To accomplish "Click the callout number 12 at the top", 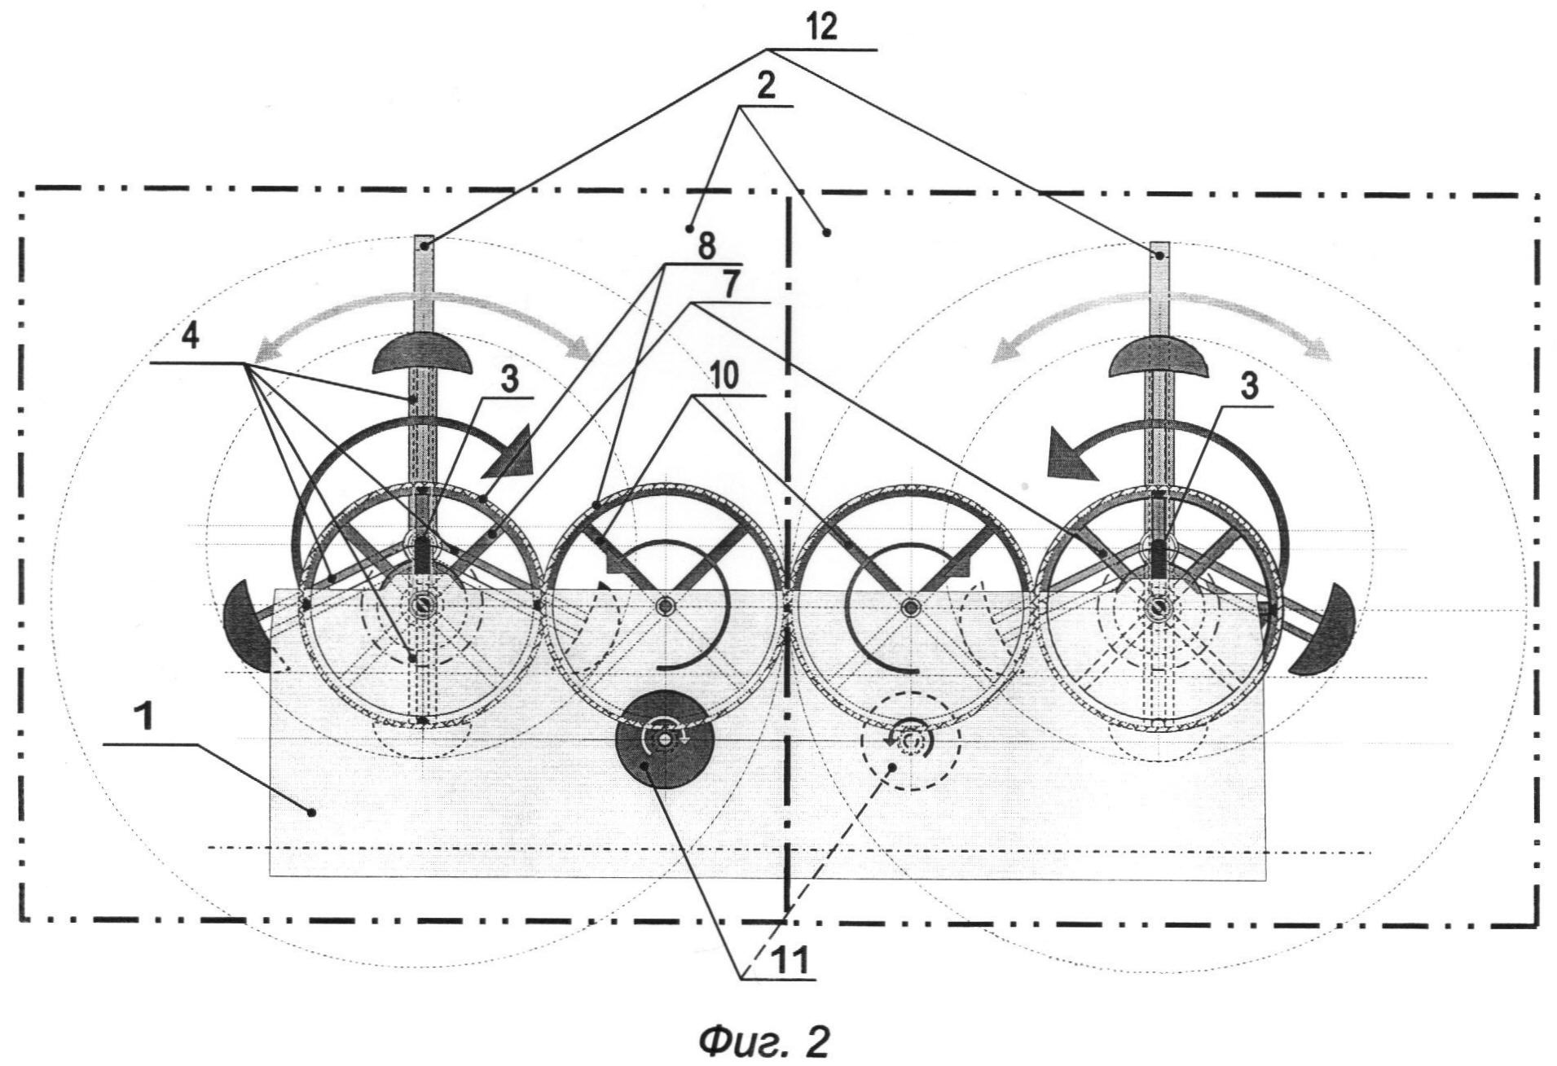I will [x=823, y=28].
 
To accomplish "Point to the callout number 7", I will [x=730, y=285].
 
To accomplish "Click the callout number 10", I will [x=724, y=376].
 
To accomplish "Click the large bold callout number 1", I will [x=143, y=720].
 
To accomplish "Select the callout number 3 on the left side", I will [x=508, y=380].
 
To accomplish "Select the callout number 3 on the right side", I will [x=1248, y=387].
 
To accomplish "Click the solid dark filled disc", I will [x=665, y=739].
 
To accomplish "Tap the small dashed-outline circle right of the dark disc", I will [x=911, y=741].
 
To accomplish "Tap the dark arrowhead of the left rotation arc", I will [x=509, y=463].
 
